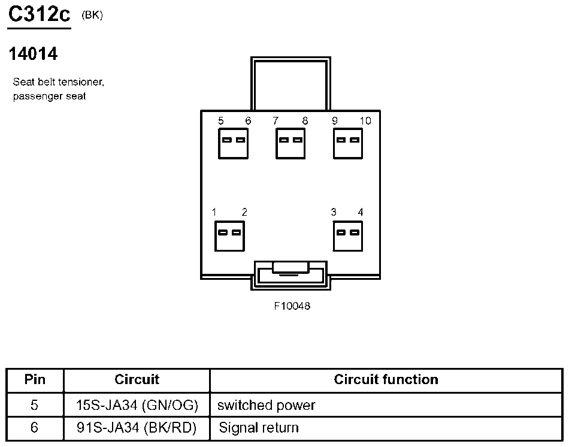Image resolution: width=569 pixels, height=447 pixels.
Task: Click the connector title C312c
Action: [x=39, y=15]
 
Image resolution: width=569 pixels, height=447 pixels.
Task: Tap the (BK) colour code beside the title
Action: [x=92, y=16]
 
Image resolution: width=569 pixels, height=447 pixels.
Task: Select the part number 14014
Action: [x=33, y=54]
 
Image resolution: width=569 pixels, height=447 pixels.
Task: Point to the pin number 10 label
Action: [x=365, y=121]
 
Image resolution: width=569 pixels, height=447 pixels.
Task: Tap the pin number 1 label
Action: [x=214, y=212]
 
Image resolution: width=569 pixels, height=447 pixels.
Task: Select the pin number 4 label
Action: [x=360, y=212]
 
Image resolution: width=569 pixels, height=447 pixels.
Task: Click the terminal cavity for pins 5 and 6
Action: [x=234, y=143]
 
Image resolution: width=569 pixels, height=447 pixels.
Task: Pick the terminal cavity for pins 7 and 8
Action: [x=290, y=143]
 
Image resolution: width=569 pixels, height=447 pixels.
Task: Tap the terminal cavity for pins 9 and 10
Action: [x=348, y=143]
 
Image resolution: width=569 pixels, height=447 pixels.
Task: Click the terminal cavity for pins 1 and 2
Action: [x=229, y=235]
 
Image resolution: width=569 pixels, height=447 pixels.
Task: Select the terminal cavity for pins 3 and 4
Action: [x=348, y=235]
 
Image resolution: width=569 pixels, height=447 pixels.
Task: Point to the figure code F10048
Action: [x=292, y=306]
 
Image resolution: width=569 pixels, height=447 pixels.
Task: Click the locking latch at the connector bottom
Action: [x=290, y=274]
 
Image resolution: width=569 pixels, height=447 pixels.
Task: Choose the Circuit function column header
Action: [x=386, y=379]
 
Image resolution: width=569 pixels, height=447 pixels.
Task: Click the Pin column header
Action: [x=35, y=379]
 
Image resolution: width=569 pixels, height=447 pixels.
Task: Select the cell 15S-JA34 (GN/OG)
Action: [x=137, y=405]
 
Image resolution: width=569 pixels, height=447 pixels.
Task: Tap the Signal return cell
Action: [x=258, y=428]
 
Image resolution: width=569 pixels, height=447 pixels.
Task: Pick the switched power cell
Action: [x=266, y=405]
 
